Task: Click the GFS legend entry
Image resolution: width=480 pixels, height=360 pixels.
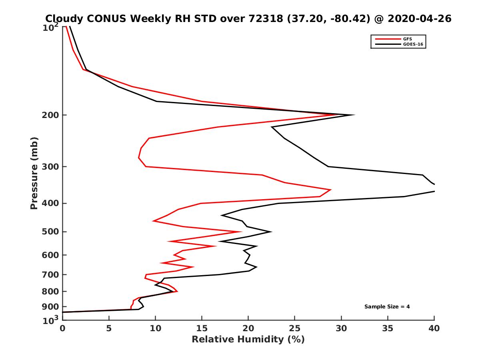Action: (x=408, y=39)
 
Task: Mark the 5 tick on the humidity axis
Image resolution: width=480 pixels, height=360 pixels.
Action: (x=109, y=328)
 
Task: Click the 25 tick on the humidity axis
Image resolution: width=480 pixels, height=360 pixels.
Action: (x=295, y=328)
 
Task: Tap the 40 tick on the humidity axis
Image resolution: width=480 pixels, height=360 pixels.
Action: (x=434, y=328)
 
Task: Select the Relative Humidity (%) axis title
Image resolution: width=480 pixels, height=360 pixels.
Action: (x=248, y=340)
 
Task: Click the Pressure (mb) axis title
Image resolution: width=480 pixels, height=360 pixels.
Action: (x=34, y=173)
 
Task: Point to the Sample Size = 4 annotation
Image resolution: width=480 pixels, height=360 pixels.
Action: (x=387, y=307)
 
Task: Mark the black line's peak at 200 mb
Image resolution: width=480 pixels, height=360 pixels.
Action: (x=354, y=115)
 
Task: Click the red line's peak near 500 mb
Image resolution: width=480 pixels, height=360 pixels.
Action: (x=241, y=232)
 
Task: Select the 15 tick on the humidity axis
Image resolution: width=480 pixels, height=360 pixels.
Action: (x=202, y=328)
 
